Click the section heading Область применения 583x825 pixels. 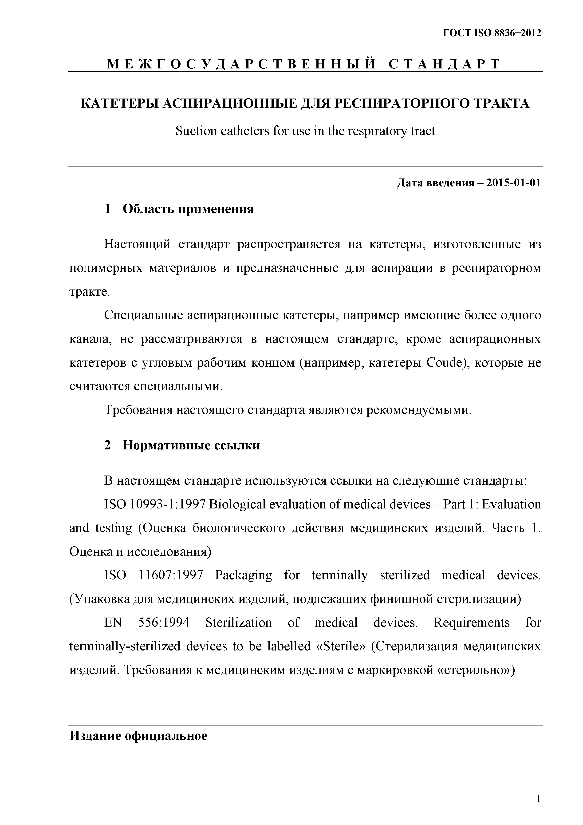click(188, 209)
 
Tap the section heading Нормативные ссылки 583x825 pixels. click(191, 445)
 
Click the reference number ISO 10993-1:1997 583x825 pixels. click(154, 504)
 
